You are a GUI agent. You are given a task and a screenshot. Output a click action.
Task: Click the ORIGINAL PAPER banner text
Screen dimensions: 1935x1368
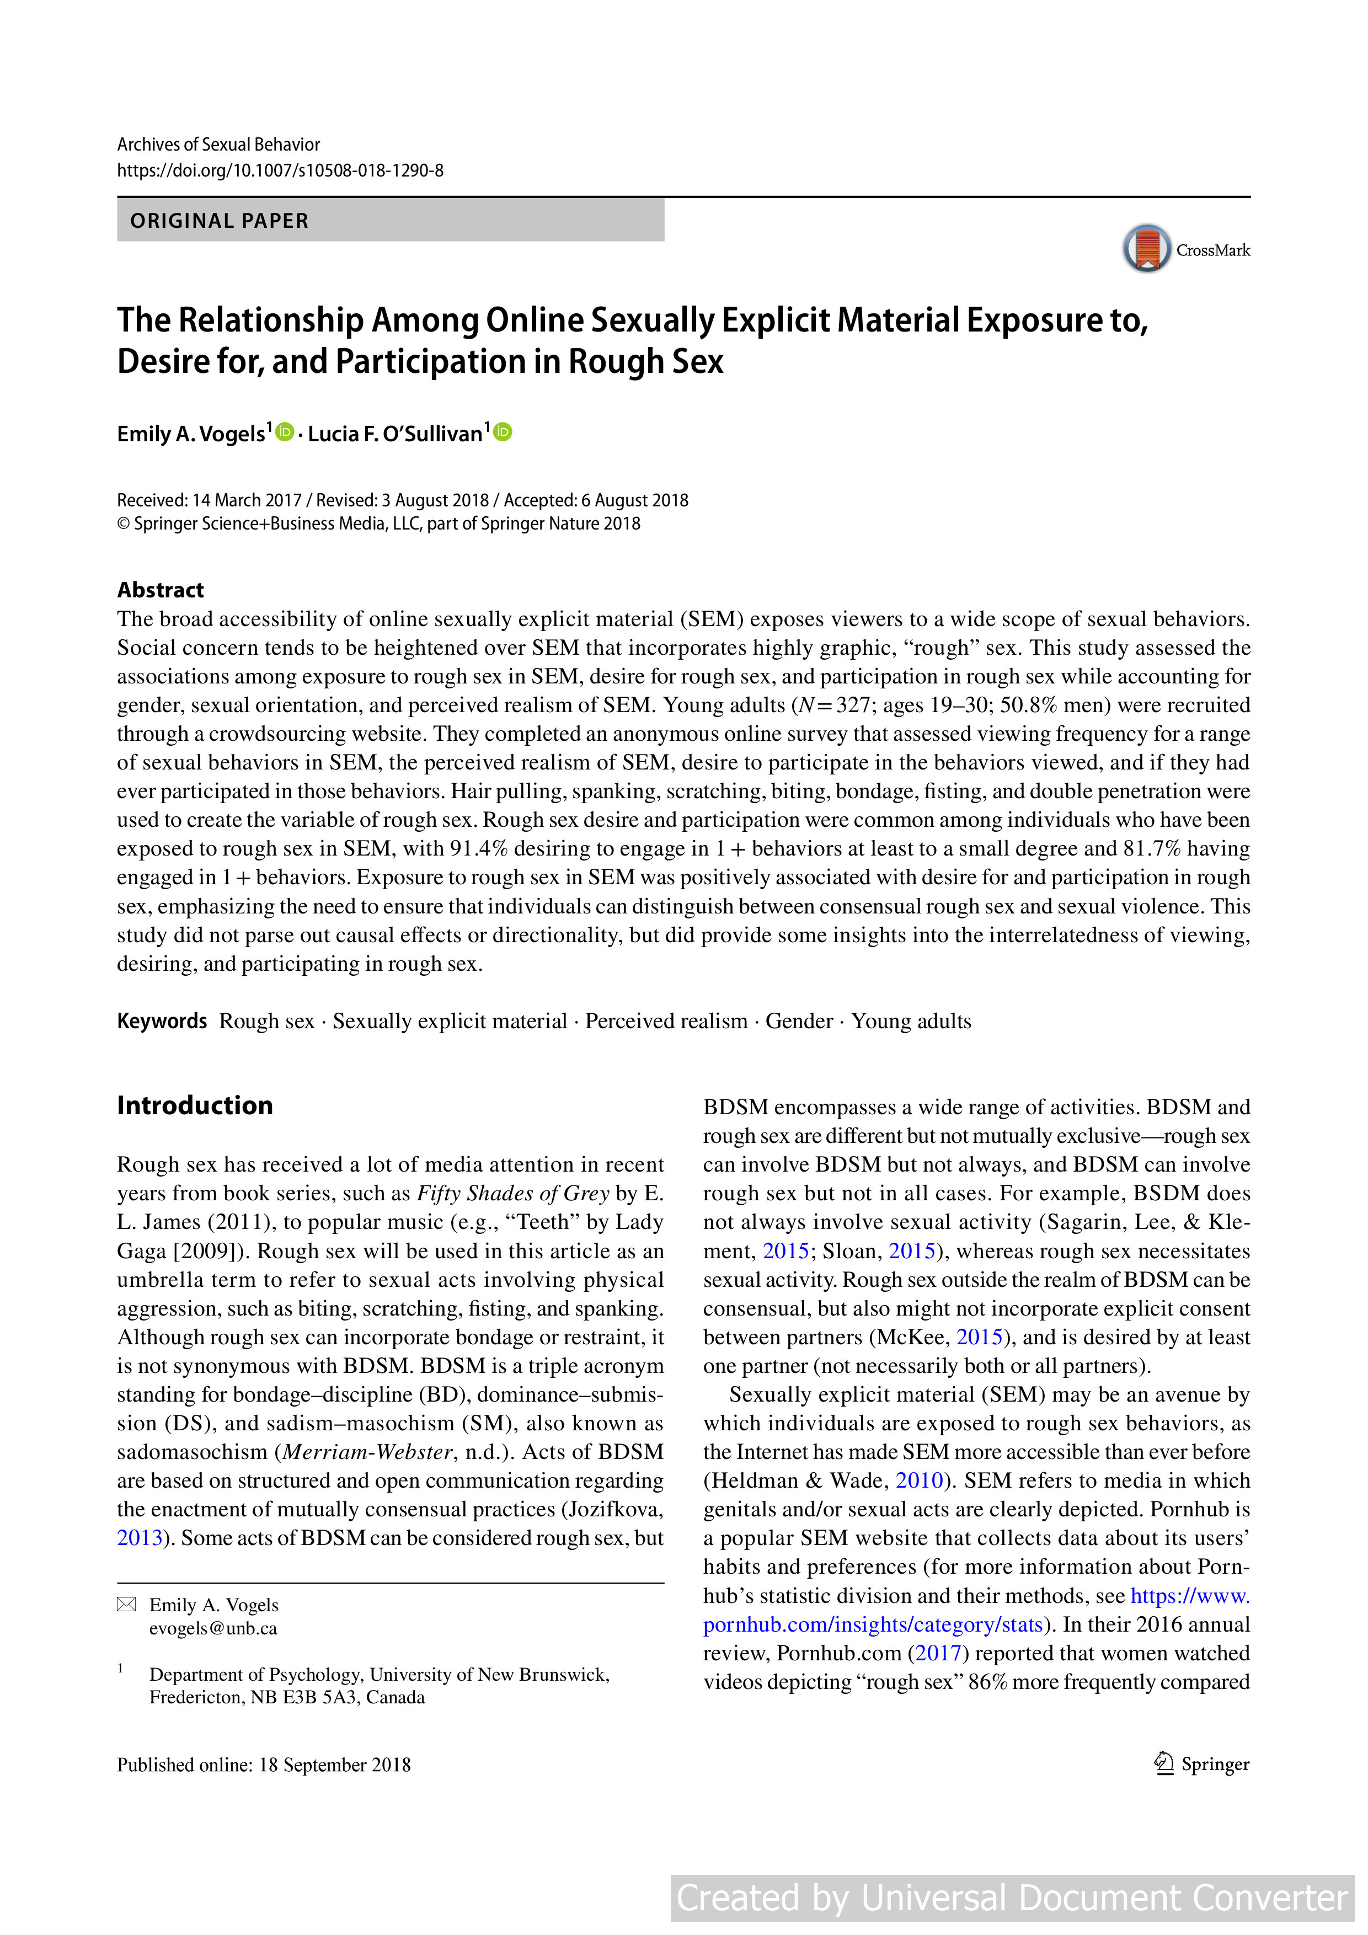(219, 221)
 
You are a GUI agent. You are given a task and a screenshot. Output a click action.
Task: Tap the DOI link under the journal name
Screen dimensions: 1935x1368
(280, 171)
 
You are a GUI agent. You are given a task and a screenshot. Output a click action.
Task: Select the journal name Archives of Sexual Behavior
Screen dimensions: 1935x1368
(218, 144)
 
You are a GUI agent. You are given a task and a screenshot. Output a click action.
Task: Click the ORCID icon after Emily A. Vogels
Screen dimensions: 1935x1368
(285, 432)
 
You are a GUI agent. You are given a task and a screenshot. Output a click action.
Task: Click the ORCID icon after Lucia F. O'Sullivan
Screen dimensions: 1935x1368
(503, 432)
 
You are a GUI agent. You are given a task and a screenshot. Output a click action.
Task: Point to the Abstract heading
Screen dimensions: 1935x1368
(160, 590)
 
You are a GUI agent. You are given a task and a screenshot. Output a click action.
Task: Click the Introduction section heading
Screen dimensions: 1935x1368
(195, 1105)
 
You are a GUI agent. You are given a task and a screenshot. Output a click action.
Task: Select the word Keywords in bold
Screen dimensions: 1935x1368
(162, 1020)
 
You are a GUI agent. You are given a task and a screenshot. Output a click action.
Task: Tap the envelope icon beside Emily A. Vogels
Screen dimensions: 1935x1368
(126, 1605)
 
